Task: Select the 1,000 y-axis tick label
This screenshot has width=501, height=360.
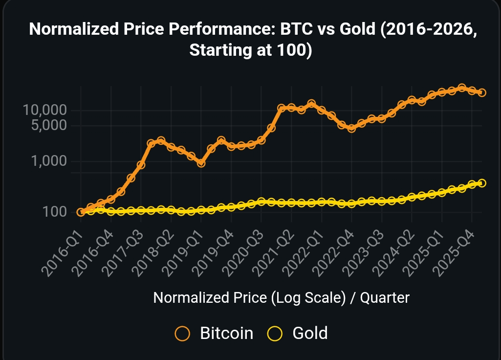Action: (48, 161)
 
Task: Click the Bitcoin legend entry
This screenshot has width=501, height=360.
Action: (215, 334)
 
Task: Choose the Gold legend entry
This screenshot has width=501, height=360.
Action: (298, 334)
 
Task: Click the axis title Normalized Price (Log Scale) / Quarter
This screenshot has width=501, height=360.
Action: (281, 297)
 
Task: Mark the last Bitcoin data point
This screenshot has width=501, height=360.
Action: (481, 92)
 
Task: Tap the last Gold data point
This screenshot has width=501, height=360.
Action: (481, 183)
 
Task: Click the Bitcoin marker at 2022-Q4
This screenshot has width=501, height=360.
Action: (351, 128)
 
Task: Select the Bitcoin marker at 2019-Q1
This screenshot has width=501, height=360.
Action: (201, 163)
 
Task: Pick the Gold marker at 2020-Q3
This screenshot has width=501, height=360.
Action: (261, 202)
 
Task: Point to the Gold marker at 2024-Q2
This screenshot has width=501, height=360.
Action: (412, 197)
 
